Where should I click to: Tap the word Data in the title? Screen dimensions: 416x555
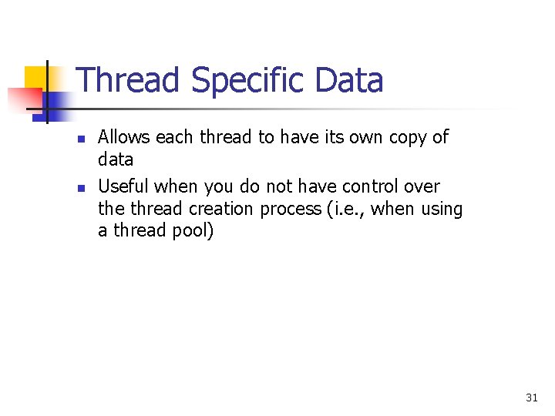pos(348,80)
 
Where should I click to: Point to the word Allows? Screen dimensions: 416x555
pos(124,137)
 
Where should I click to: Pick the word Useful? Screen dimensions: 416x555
pos(123,186)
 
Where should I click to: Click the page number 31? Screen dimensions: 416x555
pos(531,398)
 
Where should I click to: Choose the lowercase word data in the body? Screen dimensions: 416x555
pos(116,159)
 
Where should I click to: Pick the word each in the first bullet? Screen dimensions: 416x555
pos(176,137)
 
